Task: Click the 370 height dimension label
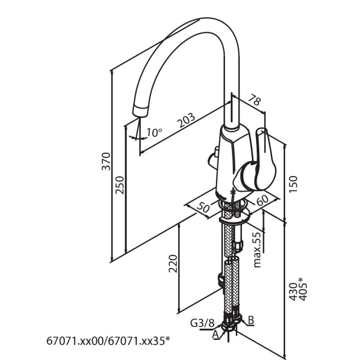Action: [108, 161]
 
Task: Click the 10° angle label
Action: [155, 132]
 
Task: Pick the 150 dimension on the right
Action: [294, 184]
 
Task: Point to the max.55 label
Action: [257, 250]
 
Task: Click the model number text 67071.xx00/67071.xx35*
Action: [108, 341]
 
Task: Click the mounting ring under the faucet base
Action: [234, 217]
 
